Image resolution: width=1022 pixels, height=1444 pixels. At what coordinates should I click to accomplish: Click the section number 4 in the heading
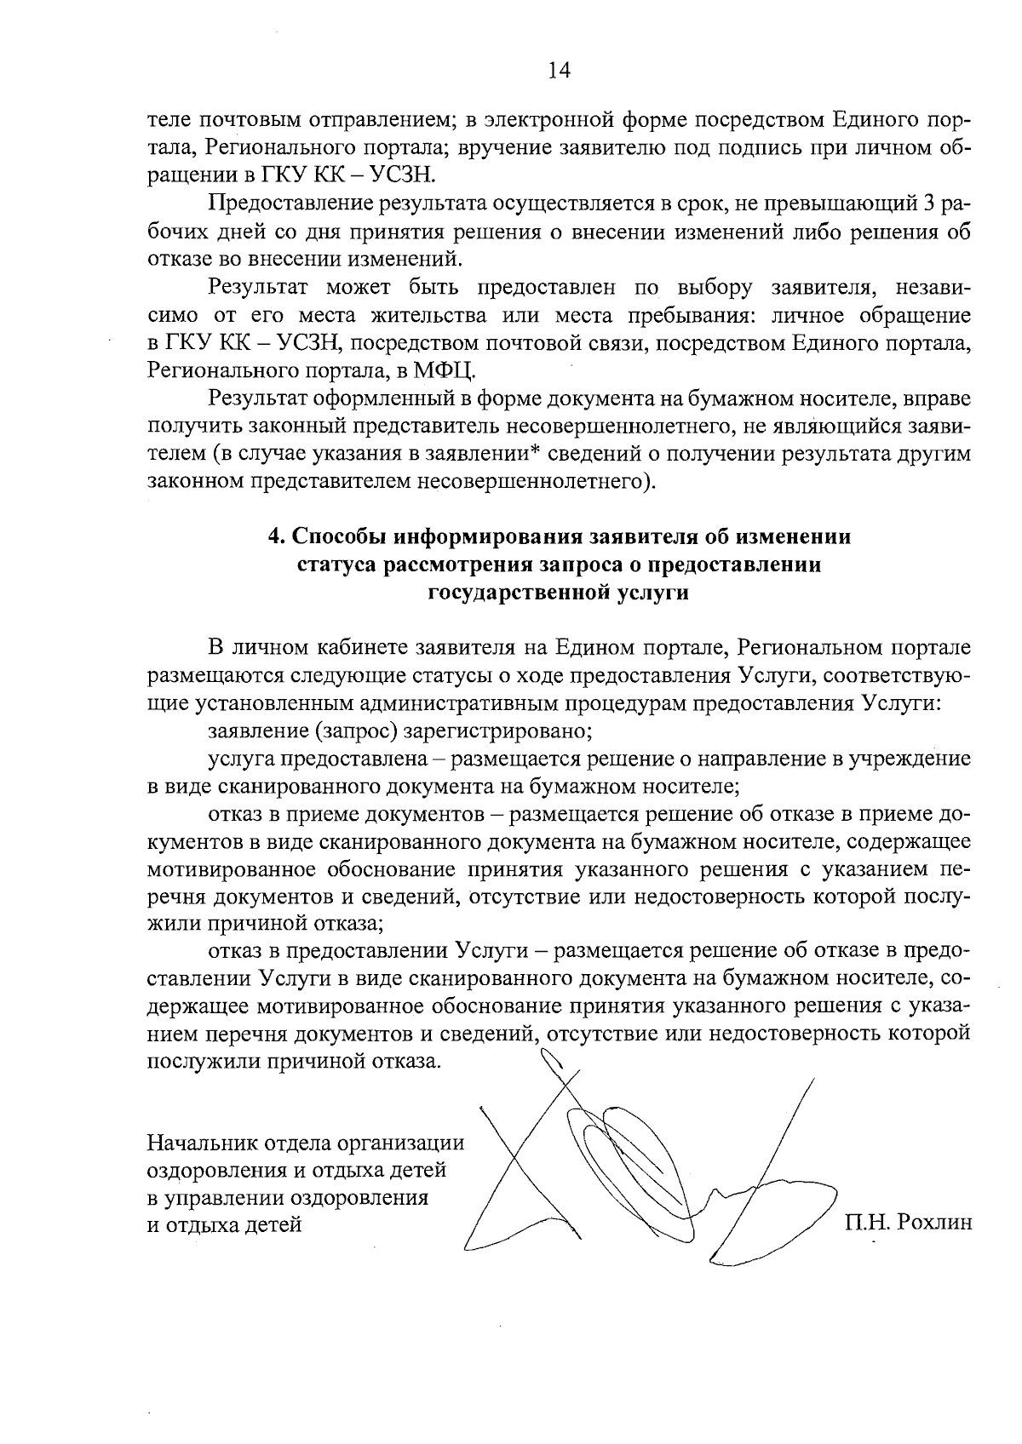point(275,536)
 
